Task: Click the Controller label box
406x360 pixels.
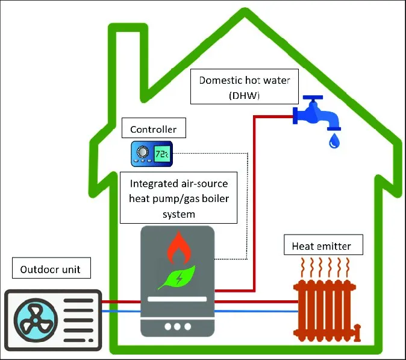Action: pos(154,129)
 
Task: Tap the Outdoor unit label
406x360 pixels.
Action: pos(51,269)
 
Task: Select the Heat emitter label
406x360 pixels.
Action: pos(321,245)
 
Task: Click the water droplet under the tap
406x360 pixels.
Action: pos(334,142)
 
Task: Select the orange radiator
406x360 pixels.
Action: pos(323,308)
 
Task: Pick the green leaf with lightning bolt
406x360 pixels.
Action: pos(178,277)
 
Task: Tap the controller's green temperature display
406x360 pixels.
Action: pos(161,154)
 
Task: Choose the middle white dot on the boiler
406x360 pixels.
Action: pos(178,326)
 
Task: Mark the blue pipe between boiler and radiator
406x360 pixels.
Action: pos(256,311)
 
